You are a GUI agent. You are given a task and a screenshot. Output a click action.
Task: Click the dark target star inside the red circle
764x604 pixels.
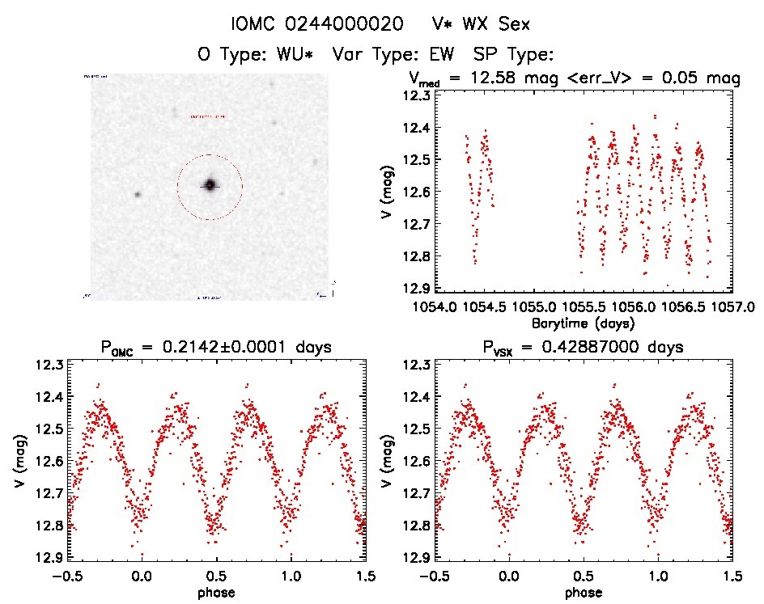point(210,185)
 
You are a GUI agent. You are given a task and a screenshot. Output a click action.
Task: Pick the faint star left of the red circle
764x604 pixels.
point(138,194)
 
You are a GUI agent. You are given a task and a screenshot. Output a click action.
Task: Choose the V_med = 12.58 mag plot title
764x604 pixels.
point(574,78)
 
